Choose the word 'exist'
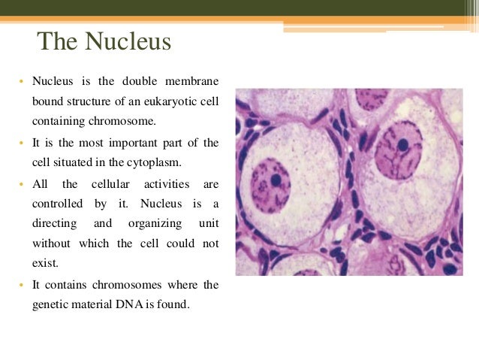click(44, 264)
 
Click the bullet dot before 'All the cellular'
click(22, 184)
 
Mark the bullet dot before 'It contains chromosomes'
click(22, 285)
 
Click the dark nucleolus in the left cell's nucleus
click(276, 180)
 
